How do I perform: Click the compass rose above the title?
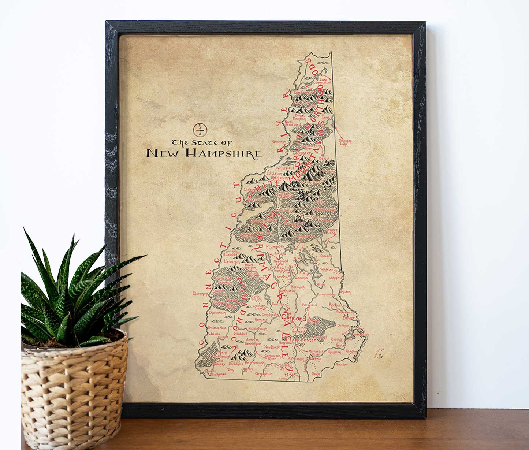click(200, 130)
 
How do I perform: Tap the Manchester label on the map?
click(301, 339)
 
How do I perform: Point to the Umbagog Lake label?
click(343, 142)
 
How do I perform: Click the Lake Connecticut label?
click(325, 81)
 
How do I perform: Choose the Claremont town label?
click(200, 293)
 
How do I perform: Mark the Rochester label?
click(338, 305)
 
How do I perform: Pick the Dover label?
click(349, 318)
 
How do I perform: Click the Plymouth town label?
click(275, 247)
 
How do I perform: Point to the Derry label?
click(315, 359)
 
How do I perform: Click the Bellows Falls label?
click(215, 327)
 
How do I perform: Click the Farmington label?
click(325, 294)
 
